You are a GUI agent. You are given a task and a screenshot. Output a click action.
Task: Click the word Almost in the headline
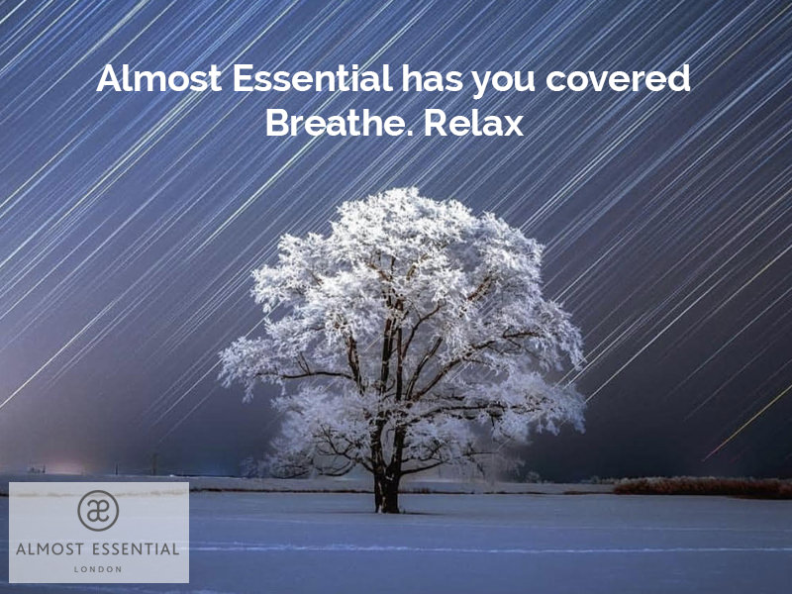158,78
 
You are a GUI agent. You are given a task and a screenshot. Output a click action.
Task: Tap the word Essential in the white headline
312,78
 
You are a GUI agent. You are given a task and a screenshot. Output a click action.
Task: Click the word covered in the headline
618,78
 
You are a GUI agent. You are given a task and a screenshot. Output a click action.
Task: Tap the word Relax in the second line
473,122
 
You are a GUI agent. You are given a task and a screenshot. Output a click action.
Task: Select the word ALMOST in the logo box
49,549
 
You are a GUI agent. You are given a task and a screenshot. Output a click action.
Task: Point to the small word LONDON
98,569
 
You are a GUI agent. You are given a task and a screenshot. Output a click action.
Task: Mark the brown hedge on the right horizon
702,487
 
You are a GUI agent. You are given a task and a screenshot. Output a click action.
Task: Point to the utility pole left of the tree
154,464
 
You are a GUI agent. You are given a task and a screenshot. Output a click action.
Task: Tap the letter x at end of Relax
513,127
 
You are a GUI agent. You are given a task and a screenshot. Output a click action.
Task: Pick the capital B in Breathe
277,122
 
